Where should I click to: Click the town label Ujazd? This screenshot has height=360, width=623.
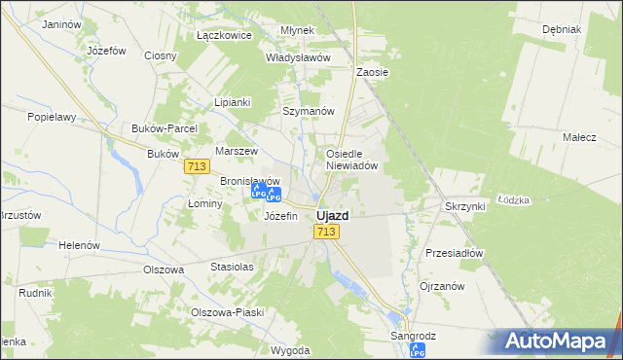[x=332, y=215]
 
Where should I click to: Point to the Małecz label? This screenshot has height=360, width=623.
[x=579, y=138]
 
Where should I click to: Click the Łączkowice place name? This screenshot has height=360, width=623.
[x=224, y=35]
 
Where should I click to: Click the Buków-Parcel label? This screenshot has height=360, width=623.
[x=165, y=128]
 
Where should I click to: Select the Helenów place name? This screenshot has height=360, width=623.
[x=80, y=245]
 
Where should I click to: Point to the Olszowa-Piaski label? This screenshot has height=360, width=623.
[x=228, y=312]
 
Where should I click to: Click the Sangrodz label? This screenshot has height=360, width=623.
[x=413, y=335]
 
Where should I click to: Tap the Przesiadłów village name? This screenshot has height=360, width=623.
[x=454, y=253]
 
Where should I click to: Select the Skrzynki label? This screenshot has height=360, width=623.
[x=465, y=207]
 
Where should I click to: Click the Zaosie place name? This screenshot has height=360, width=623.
[x=372, y=72]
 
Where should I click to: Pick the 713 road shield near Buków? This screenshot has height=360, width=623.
[x=196, y=167]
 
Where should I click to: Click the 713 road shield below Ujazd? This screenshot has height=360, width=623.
[x=326, y=232]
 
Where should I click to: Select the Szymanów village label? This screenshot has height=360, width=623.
[x=308, y=111]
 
